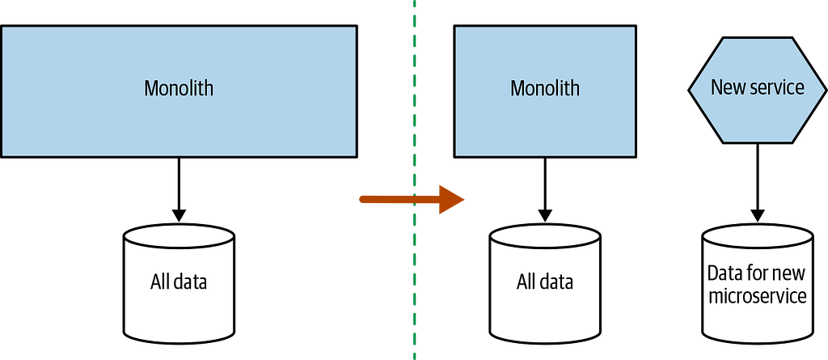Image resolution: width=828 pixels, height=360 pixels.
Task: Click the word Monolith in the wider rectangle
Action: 179,87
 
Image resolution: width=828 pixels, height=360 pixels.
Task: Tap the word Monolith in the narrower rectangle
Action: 544,87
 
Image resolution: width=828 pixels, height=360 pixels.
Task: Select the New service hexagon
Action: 757,90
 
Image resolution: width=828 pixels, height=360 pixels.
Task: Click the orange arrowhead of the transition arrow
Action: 451,199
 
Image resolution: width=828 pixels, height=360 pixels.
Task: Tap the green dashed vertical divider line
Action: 415,180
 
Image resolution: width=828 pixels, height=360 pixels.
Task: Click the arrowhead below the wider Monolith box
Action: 179,215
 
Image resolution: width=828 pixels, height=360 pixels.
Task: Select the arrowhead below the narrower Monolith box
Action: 545,215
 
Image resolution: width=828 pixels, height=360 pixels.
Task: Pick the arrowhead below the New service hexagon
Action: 758,215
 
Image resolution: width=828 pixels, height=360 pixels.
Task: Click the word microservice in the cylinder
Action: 757,295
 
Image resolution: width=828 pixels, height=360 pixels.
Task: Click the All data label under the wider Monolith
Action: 179,282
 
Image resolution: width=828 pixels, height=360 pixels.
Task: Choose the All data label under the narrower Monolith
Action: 544,282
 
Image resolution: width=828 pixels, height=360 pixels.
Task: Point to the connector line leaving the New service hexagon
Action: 758,176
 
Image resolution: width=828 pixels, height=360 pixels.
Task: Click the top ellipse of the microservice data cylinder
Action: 757,223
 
